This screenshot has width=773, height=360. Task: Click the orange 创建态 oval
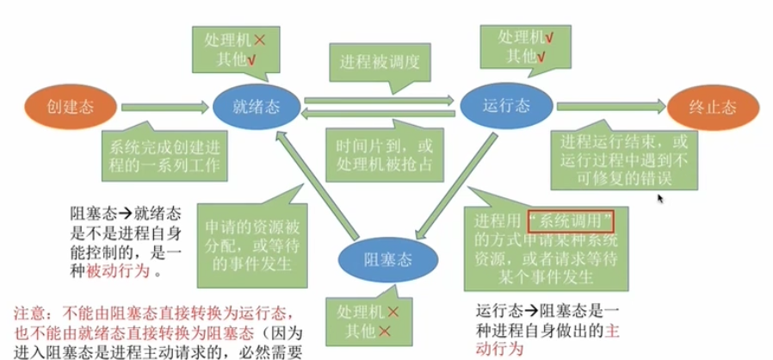(70, 107)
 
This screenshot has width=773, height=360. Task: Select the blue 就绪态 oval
(256, 107)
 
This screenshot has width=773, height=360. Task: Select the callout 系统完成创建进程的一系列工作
(163, 152)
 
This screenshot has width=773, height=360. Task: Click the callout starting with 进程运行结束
(619, 158)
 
